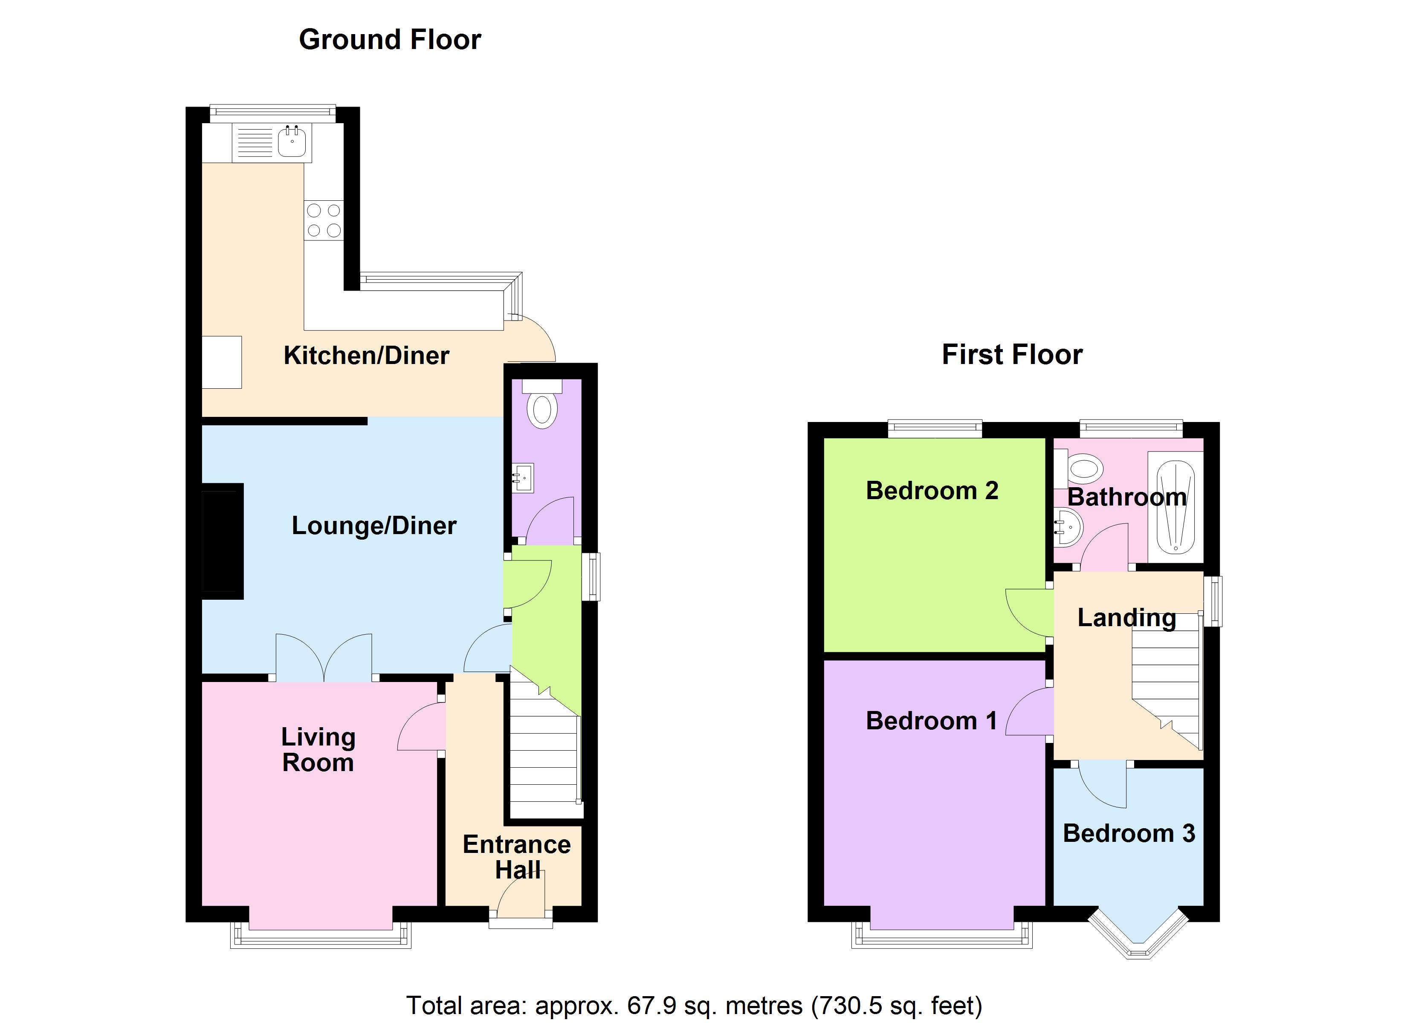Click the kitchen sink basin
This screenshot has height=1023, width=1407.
point(292,143)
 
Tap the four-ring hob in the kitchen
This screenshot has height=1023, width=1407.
point(323,220)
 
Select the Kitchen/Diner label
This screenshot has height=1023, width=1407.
point(366,355)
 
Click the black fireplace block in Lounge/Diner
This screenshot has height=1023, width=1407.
point(222,541)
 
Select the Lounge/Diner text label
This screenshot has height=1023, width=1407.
point(374,526)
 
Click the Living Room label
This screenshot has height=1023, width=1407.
point(318,749)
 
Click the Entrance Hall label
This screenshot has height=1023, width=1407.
point(517,857)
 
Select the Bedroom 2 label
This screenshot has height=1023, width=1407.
point(932,491)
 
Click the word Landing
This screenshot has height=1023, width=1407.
point(1126,618)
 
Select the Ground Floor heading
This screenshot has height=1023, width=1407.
point(390,40)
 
